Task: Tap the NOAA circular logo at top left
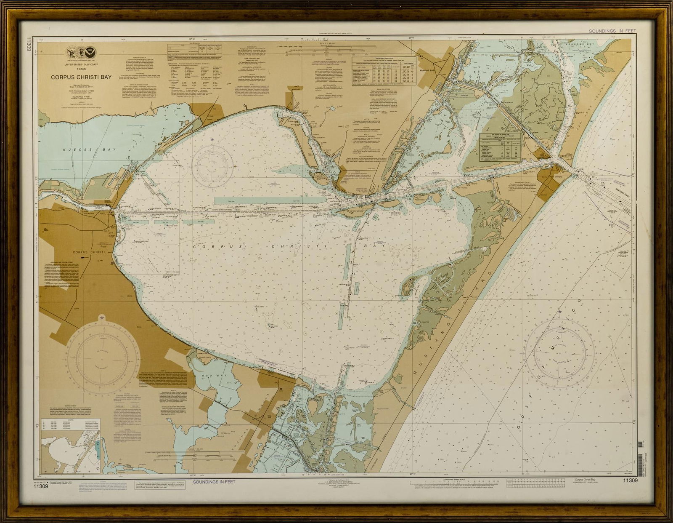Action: click(x=89, y=53)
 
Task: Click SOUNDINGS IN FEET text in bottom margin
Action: click(x=214, y=482)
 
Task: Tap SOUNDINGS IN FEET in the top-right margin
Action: click(x=612, y=31)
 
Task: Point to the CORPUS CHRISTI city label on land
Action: click(x=88, y=252)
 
